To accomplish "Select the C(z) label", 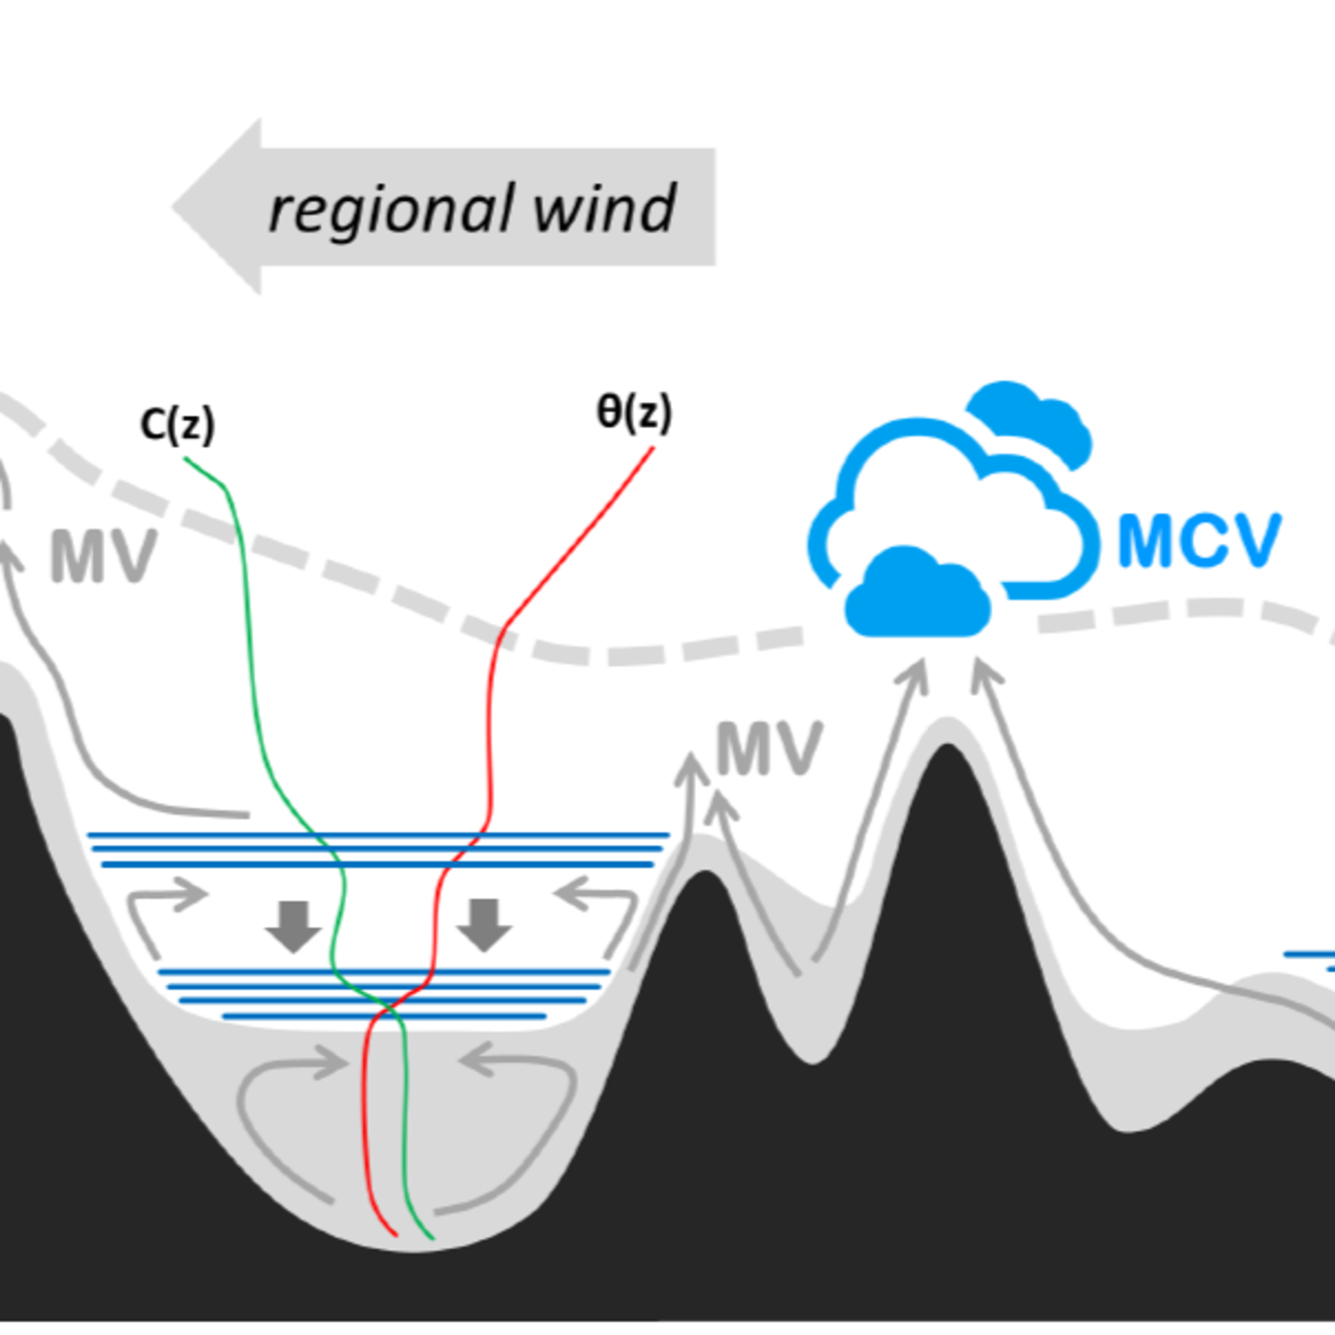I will (178, 424).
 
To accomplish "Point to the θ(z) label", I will (634, 413).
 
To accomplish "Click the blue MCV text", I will (1199, 542).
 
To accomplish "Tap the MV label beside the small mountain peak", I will (769, 748).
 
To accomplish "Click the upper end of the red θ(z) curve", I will (652, 449).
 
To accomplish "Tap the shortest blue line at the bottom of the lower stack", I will (384, 1016).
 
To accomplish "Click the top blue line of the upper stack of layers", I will (378, 835).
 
